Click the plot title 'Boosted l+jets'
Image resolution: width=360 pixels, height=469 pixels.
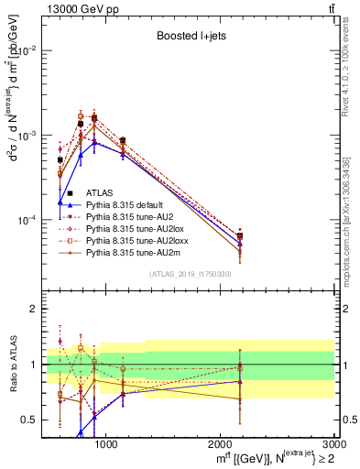point(187,38)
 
